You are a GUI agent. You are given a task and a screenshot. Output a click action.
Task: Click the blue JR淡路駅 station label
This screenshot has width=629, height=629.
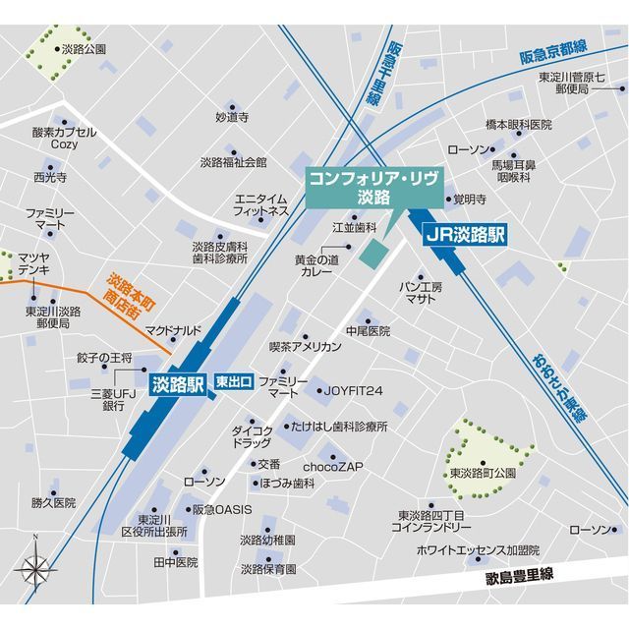(x=465, y=235)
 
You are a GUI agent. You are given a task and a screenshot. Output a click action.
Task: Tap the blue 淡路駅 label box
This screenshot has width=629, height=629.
(x=176, y=385)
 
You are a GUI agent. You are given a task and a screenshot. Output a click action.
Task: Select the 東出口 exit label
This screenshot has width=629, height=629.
(x=235, y=381)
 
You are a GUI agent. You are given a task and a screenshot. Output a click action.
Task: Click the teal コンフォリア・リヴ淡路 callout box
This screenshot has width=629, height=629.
(x=374, y=187)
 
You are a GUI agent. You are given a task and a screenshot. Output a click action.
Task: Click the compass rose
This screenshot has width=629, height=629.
(x=34, y=567)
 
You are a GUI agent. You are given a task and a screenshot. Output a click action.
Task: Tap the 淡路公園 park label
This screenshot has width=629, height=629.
(x=83, y=48)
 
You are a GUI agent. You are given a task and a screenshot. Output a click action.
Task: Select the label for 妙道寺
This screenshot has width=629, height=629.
(x=233, y=117)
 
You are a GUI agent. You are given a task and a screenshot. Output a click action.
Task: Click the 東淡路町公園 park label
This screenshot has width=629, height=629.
(x=483, y=474)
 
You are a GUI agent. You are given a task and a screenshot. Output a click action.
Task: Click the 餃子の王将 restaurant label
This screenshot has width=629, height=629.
(x=103, y=358)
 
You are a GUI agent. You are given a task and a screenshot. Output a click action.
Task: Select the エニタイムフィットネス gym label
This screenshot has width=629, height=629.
(x=261, y=204)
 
